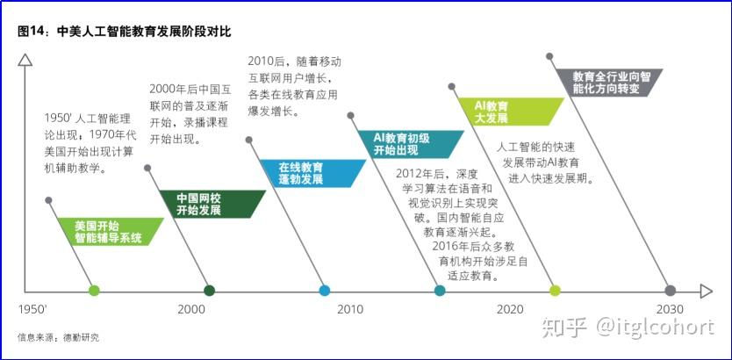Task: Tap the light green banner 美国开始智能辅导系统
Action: coord(111,232)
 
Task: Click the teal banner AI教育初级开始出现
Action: coord(410,144)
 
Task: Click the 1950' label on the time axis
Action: coord(32,309)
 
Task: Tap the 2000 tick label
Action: coord(191,309)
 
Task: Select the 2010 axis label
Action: coord(350,309)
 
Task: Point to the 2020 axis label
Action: coord(510,309)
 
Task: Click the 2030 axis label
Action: coord(670,309)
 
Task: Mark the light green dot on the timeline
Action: coord(94,291)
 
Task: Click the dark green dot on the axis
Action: coord(209,291)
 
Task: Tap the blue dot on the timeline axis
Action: coord(325,291)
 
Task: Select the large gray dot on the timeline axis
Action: coord(670,291)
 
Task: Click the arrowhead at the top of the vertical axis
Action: coord(25,60)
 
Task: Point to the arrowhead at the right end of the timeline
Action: coord(707,292)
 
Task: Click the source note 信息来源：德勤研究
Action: coord(58,337)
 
